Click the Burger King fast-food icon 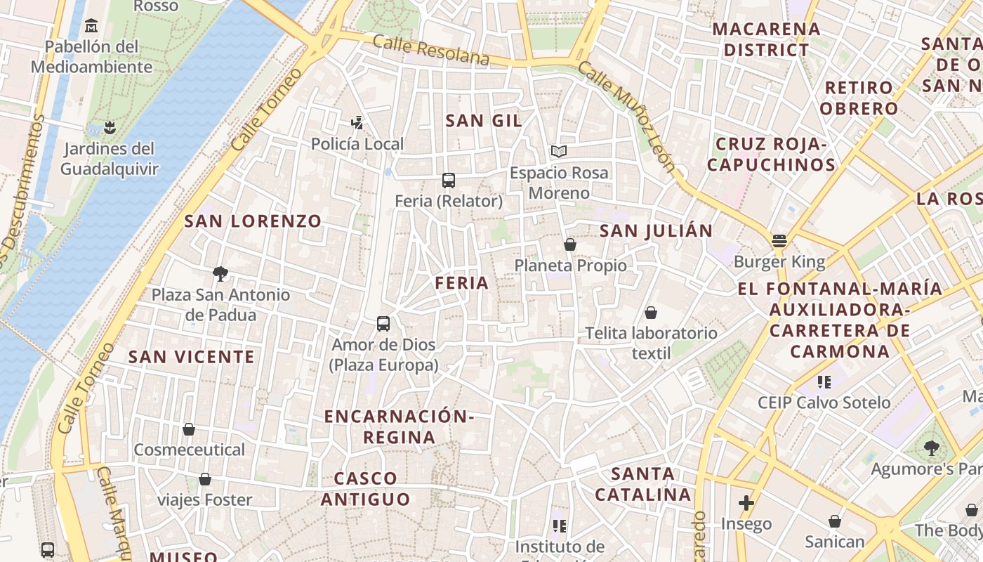pos(779,241)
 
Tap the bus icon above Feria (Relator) pos(449,180)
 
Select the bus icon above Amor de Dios pos(383,324)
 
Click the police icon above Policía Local pos(357,123)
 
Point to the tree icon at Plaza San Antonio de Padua pos(220,273)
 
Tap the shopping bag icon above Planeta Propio pos(570,244)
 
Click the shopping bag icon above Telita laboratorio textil pos(651,312)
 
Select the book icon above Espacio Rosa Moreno pos(559,151)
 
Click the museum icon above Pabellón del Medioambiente pos(91,26)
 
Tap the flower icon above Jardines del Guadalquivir pos(109,128)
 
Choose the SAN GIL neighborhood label pos(484,121)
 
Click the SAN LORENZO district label pos(253,221)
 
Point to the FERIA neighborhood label pos(461,283)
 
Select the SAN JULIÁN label pos(656,230)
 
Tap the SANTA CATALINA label pos(643,484)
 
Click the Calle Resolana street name pos(430,50)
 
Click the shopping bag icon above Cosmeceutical pos(188,429)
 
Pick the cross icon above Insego pos(746,503)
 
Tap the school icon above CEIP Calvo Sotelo pos(824,382)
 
